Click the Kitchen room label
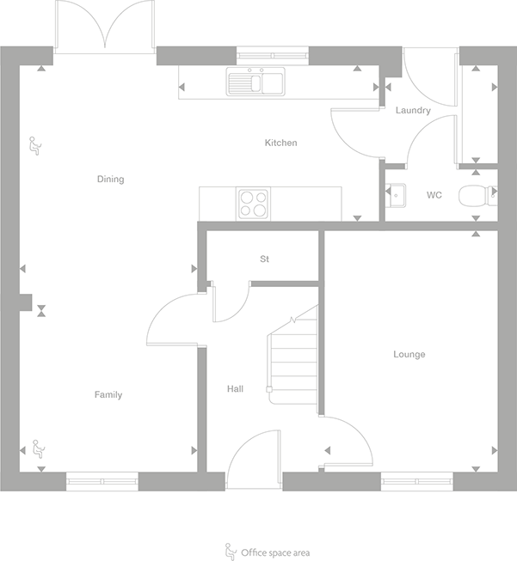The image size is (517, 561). click(280, 143)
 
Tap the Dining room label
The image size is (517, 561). click(110, 180)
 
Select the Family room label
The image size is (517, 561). click(108, 395)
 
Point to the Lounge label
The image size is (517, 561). click(409, 354)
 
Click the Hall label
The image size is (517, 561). click(235, 389)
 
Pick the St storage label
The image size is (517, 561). click(265, 259)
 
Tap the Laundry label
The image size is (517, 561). click(413, 111)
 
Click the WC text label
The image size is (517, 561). click(434, 195)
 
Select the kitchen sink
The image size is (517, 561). click(255, 82)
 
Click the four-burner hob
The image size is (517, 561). click(253, 203)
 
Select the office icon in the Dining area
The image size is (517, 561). click(35, 145)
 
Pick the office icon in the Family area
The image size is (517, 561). click(37, 448)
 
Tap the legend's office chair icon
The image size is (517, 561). click(230, 551)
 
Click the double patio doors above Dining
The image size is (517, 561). click(105, 26)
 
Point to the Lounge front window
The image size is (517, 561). click(417, 482)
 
